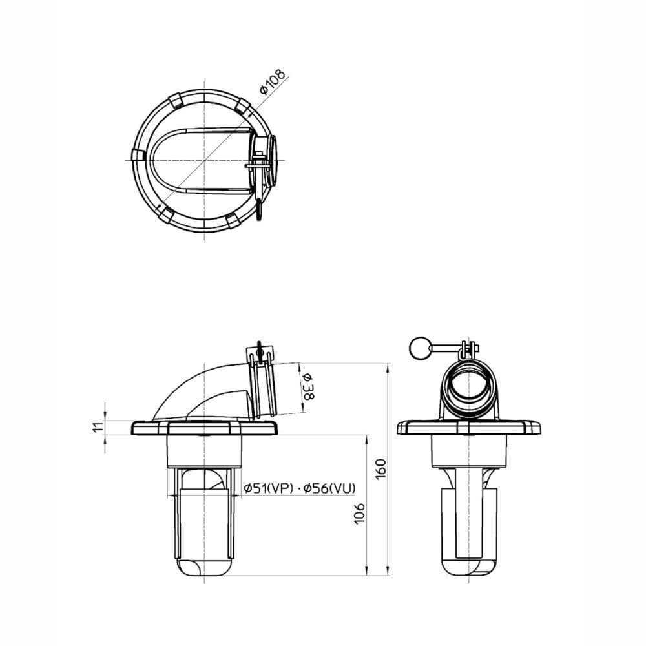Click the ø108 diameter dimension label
click(x=273, y=82)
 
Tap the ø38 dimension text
click(x=309, y=387)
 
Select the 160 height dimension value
click(x=381, y=468)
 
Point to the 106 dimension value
click(x=360, y=514)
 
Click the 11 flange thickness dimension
click(x=98, y=427)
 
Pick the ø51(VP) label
click(x=268, y=488)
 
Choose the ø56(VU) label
click(x=329, y=488)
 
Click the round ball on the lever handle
click(x=419, y=348)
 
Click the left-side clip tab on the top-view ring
click(x=138, y=156)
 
